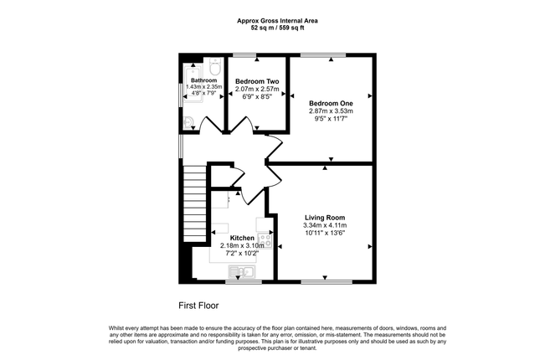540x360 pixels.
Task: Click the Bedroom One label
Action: point(331,103)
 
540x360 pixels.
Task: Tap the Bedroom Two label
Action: point(257,82)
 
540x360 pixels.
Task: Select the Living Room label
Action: point(325,218)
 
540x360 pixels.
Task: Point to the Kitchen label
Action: point(242,238)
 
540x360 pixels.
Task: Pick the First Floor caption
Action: point(198,306)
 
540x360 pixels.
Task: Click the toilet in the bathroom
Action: point(215,66)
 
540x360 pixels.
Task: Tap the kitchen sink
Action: point(242,271)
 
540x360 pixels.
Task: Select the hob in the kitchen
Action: point(265,240)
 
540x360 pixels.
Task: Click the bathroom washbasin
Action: point(188,122)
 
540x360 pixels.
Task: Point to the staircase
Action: point(194,203)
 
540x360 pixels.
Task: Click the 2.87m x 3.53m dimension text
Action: point(331,111)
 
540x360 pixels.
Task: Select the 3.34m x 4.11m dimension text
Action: point(325,226)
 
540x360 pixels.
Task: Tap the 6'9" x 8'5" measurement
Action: point(257,97)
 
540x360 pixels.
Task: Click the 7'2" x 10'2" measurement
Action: point(242,253)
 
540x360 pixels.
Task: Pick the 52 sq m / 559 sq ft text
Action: point(277,28)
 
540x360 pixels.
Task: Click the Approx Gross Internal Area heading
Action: point(277,21)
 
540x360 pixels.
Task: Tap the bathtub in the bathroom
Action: point(193,85)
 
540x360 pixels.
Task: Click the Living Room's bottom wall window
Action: point(327,282)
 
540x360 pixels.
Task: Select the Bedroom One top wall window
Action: point(323,55)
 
